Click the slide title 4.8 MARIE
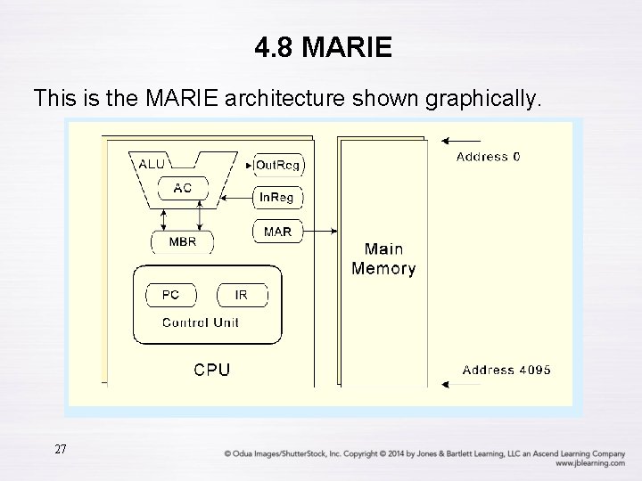click(322, 47)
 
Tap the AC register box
click(182, 188)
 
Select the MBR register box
click(182, 241)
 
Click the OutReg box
click(277, 165)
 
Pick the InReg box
click(277, 197)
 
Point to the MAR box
click(277, 232)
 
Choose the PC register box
click(170, 295)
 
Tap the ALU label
click(152, 163)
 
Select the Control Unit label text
click(201, 322)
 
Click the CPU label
click(211, 369)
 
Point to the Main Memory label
click(383, 258)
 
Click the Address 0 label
click(489, 157)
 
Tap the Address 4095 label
click(506, 370)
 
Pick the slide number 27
click(60, 449)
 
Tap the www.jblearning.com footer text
click(589, 463)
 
